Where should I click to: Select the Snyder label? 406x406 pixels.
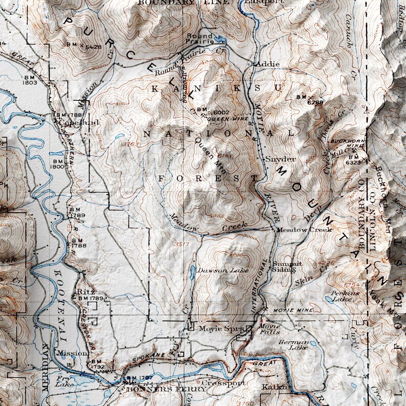tap(280, 159)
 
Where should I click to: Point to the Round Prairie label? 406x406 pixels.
tap(199, 39)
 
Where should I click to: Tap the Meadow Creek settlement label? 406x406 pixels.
tap(304, 230)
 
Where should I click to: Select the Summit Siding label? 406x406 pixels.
tap(287, 266)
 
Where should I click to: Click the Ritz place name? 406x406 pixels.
tap(82, 291)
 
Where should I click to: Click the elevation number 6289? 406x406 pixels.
tap(315, 102)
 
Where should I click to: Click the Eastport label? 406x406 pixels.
tap(263, 2)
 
